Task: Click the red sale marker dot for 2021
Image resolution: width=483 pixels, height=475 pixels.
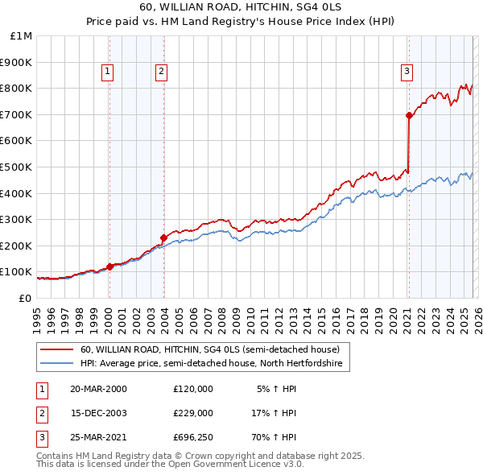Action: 409,116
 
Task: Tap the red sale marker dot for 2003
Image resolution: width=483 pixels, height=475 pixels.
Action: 163,237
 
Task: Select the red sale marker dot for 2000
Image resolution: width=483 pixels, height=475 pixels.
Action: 109,266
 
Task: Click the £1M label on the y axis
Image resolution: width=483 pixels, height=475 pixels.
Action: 22,36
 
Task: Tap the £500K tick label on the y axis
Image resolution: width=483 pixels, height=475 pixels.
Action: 17,167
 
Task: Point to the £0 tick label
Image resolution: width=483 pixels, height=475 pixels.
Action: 25,298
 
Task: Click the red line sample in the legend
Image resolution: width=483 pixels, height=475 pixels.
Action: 56,350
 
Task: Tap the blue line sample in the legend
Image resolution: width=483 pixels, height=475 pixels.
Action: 56,364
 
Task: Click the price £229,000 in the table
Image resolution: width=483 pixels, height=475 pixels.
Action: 192,413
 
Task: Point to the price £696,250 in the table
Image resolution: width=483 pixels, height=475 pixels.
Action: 192,438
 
